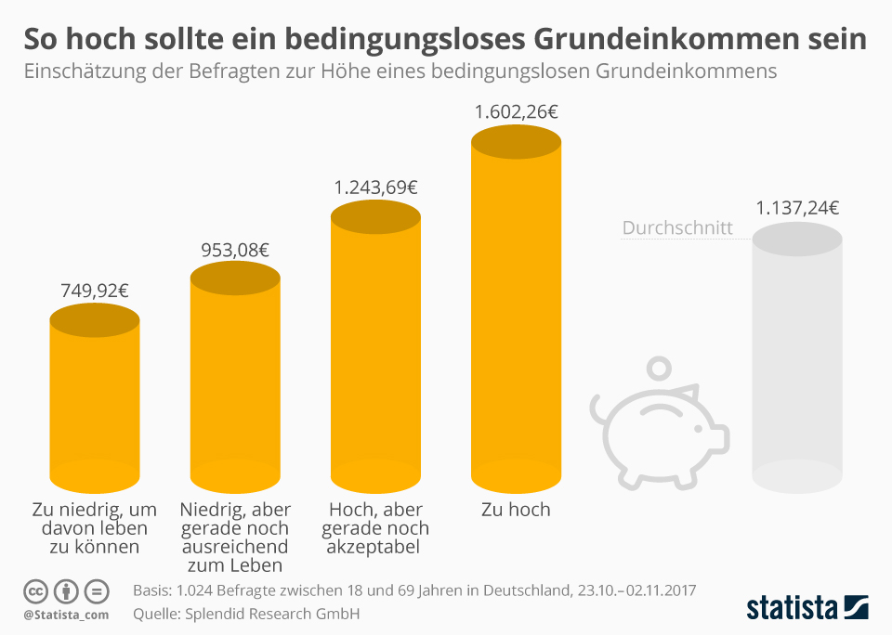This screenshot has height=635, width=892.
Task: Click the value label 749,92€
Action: (x=94, y=290)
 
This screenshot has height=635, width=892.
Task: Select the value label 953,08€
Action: (x=235, y=250)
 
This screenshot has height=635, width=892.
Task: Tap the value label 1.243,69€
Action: (x=375, y=188)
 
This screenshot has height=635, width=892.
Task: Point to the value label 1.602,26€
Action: (x=516, y=112)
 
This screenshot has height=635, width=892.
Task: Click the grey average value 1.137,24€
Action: (x=797, y=208)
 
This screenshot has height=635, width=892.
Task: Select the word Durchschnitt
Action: (x=677, y=227)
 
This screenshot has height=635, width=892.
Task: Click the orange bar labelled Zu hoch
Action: (x=516, y=316)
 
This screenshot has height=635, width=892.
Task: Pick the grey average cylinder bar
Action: (x=797, y=362)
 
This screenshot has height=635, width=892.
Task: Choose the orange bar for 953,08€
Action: (x=235, y=381)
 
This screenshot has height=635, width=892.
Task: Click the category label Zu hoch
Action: (x=516, y=510)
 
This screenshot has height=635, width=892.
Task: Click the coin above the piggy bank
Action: (x=661, y=369)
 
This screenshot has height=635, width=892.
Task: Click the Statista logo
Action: (x=807, y=607)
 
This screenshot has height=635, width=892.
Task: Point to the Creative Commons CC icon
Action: (x=35, y=590)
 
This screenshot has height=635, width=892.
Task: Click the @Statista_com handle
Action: (x=66, y=615)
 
